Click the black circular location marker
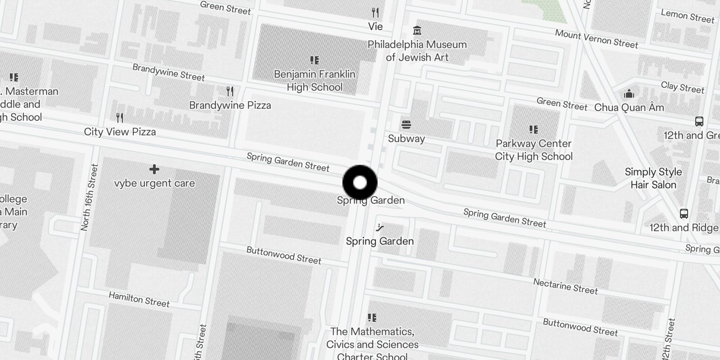click(x=360, y=183)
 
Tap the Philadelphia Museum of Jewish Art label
click(x=417, y=51)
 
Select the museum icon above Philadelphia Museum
click(x=417, y=31)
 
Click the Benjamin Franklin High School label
click(x=315, y=81)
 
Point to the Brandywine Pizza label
click(x=230, y=105)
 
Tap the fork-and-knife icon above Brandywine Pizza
click(x=230, y=91)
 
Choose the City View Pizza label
click(x=120, y=132)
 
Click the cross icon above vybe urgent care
click(x=154, y=169)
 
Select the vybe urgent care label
click(x=154, y=183)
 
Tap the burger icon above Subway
click(x=406, y=125)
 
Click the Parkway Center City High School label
click(x=534, y=150)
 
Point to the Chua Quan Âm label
click(x=629, y=108)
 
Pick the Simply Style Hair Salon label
click(x=653, y=178)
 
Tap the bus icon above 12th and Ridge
click(x=684, y=214)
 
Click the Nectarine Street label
click(x=565, y=286)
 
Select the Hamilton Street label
click(x=139, y=299)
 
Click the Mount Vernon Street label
click(x=596, y=39)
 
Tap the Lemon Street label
click(x=687, y=16)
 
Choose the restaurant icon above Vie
click(x=375, y=12)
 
